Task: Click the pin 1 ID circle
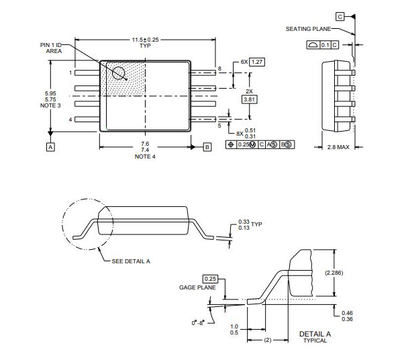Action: point(119,73)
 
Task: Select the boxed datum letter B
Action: point(207,146)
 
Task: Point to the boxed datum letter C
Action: point(340,15)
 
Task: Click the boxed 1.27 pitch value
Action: point(257,62)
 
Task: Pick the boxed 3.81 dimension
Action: point(249,99)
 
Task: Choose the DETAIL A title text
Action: point(315,333)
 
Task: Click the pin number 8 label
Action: point(219,69)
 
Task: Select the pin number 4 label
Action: point(70,120)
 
